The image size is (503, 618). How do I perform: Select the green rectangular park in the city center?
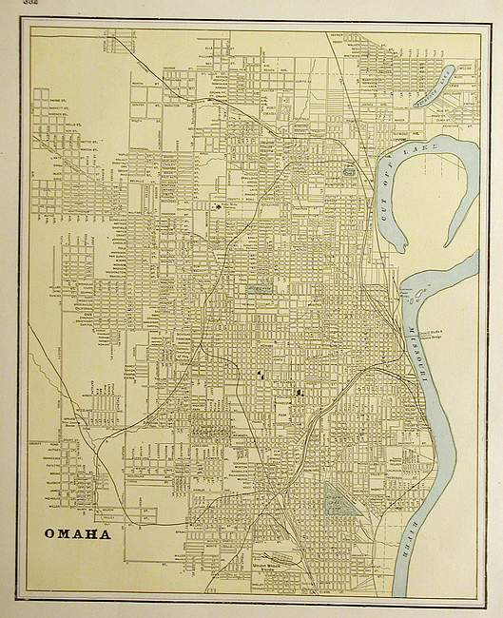(259, 283)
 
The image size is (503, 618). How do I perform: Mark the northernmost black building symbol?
(219, 204)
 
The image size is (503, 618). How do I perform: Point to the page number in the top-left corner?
(12, 4)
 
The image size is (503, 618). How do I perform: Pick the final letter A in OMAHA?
(104, 532)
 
